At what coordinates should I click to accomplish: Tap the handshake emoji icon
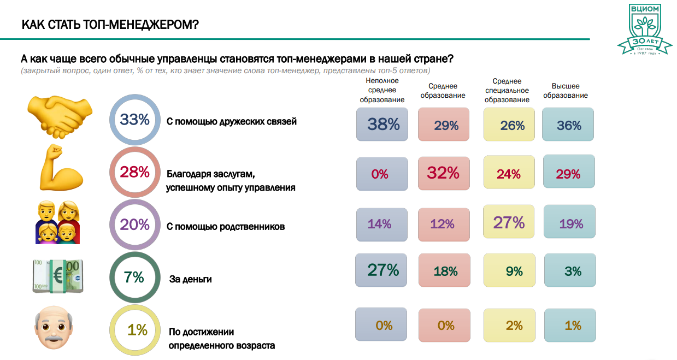pos(60,116)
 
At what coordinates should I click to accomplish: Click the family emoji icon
pos(58,222)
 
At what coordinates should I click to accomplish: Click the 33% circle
pos(135,120)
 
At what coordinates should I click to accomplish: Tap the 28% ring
pos(135,172)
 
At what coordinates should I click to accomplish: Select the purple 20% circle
pos(135,225)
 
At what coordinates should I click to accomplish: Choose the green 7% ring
pos(135,277)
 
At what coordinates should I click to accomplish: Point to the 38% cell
pos(382,125)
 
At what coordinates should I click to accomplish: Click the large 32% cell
pos(443,173)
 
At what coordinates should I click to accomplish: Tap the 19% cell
pos(570,223)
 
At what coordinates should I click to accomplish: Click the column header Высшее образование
pos(566,91)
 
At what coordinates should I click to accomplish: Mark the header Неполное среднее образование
pos(382,90)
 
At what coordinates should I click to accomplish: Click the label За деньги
pos(190,279)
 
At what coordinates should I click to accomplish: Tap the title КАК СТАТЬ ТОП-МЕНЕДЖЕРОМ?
pos(110,25)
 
